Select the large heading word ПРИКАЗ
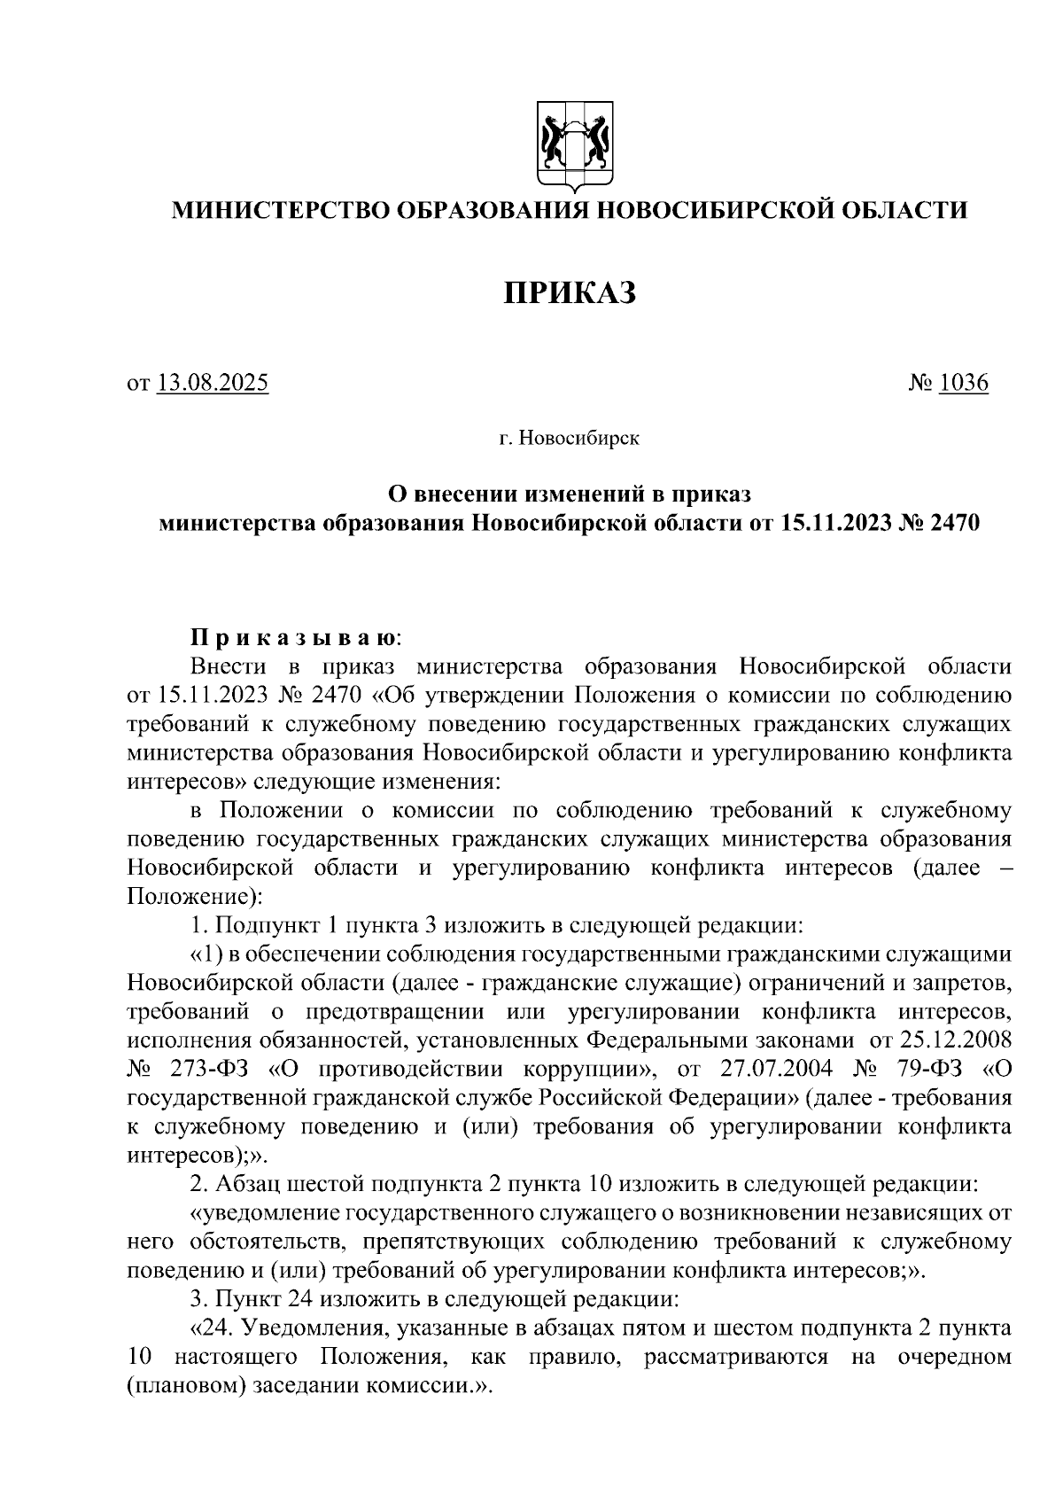pos(570,293)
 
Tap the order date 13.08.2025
pos(213,384)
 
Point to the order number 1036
pos(963,384)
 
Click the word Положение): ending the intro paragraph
pos(194,897)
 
